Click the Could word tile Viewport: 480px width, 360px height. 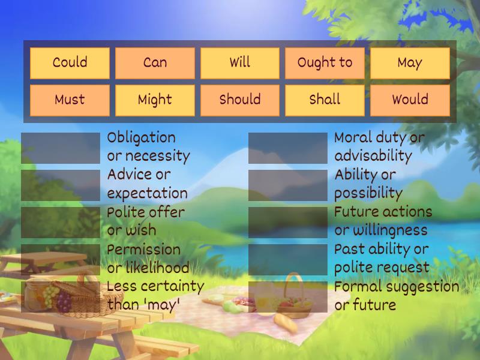pos(70,63)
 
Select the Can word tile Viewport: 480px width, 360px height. pos(155,63)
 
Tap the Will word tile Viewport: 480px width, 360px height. pos(240,63)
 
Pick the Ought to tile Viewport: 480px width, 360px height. pos(325,63)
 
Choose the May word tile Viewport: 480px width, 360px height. pos(410,63)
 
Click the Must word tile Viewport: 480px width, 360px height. pos(70,100)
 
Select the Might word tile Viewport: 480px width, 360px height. pos(155,100)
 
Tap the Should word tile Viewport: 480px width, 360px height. pos(240,100)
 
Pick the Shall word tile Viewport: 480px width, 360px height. pos(325,100)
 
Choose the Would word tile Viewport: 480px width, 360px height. pos(410,100)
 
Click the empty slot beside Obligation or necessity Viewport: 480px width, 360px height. pos(61,148)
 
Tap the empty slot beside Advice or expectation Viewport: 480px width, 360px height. pos(61,185)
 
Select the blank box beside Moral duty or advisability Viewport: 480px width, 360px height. pos(288,148)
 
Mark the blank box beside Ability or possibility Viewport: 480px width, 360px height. pos(288,185)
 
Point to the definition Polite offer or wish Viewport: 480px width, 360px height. pos(146,221)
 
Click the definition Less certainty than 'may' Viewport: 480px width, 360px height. pos(155,295)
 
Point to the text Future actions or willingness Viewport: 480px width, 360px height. pos(383,221)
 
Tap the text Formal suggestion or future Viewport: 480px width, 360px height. pos(396,295)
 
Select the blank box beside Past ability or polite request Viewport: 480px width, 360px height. pos(288,259)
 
